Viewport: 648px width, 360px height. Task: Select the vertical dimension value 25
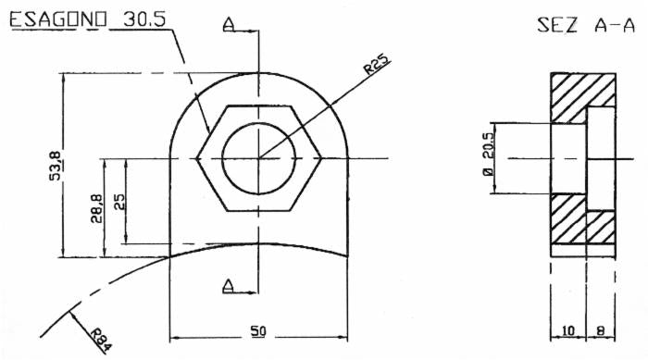118,202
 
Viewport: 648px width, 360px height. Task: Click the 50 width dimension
260,330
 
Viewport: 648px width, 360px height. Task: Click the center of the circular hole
259,158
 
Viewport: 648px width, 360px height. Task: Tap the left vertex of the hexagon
198,158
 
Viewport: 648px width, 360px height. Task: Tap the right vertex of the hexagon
321,158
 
